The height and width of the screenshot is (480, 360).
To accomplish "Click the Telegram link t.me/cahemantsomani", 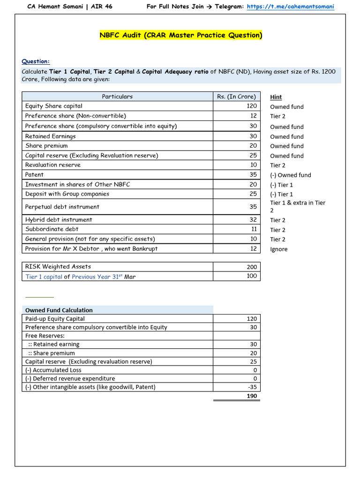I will (290, 7).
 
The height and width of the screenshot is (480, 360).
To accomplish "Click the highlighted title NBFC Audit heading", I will (181, 35).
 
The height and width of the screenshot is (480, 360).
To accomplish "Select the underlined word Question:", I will (36, 61).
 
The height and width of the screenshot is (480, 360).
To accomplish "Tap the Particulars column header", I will (117, 97).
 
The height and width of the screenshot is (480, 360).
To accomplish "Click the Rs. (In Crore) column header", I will (236, 97).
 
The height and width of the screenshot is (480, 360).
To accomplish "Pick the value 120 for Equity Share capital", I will (252, 106).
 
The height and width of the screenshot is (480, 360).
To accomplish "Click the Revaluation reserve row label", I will (53, 165).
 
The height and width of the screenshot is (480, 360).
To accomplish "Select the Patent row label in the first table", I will (34, 174).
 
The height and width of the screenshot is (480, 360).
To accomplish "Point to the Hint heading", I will (276, 97).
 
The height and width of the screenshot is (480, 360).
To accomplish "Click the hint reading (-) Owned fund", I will (290, 175).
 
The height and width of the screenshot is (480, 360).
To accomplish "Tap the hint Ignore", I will (279, 249).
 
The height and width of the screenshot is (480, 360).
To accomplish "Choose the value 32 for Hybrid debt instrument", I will (253, 219).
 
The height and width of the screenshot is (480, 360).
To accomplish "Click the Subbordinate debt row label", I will (52, 229).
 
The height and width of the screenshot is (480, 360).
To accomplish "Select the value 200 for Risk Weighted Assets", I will (252, 267).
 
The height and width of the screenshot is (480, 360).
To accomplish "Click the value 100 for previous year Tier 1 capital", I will (252, 276).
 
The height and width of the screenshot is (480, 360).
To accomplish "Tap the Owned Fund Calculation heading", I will (59, 310).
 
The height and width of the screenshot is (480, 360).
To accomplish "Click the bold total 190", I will (252, 396).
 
